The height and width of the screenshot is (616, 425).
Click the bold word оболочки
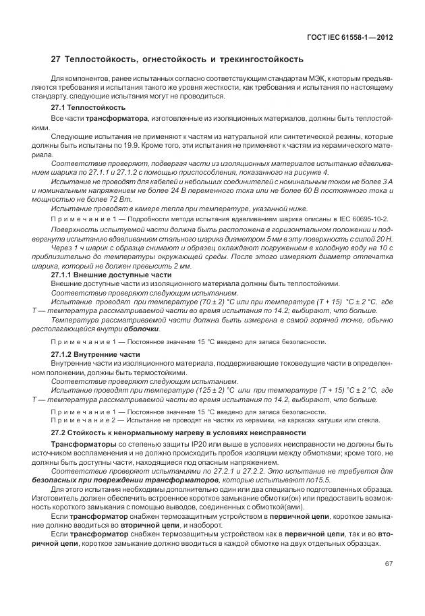coord(142,329)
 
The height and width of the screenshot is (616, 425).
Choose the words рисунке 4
coord(310,173)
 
